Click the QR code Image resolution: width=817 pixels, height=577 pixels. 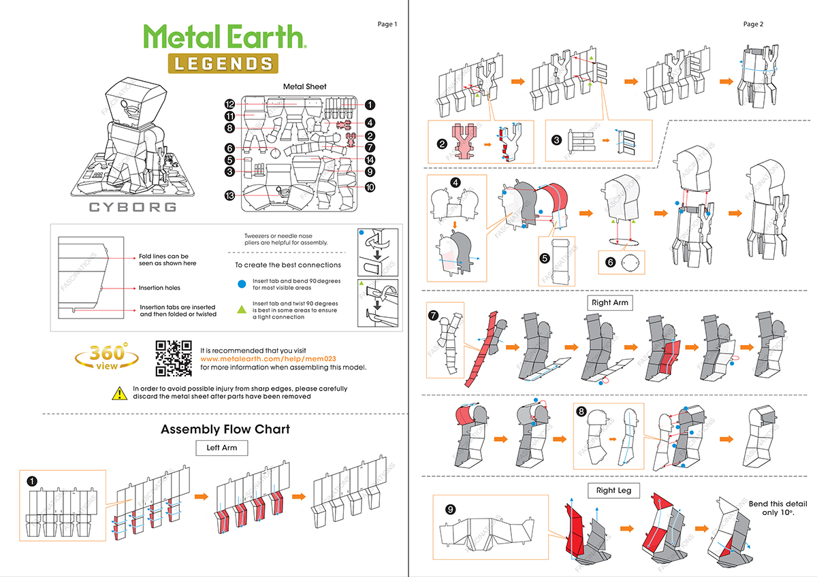[x=174, y=358]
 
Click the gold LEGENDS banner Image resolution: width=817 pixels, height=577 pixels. [x=223, y=63]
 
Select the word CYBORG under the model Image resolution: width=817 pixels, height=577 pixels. [x=133, y=207]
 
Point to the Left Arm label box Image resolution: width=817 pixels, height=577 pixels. [x=222, y=448]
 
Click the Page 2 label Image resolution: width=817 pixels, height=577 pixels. [x=753, y=24]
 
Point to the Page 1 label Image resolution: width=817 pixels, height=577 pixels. [x=387, y=24]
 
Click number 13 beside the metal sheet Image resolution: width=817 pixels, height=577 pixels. [x=230, y=195]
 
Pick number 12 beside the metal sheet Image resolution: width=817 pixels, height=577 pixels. [x=230, y=104]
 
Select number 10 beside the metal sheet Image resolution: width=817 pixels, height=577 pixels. [x=370, y=186]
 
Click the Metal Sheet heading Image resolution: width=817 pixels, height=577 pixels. [x=304, y=86]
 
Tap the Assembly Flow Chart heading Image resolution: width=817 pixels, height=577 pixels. [x=225, y=429]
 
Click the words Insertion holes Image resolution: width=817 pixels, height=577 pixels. [x=160, y=288]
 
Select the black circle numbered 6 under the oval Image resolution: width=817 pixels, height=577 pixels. [x=610, y=262]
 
